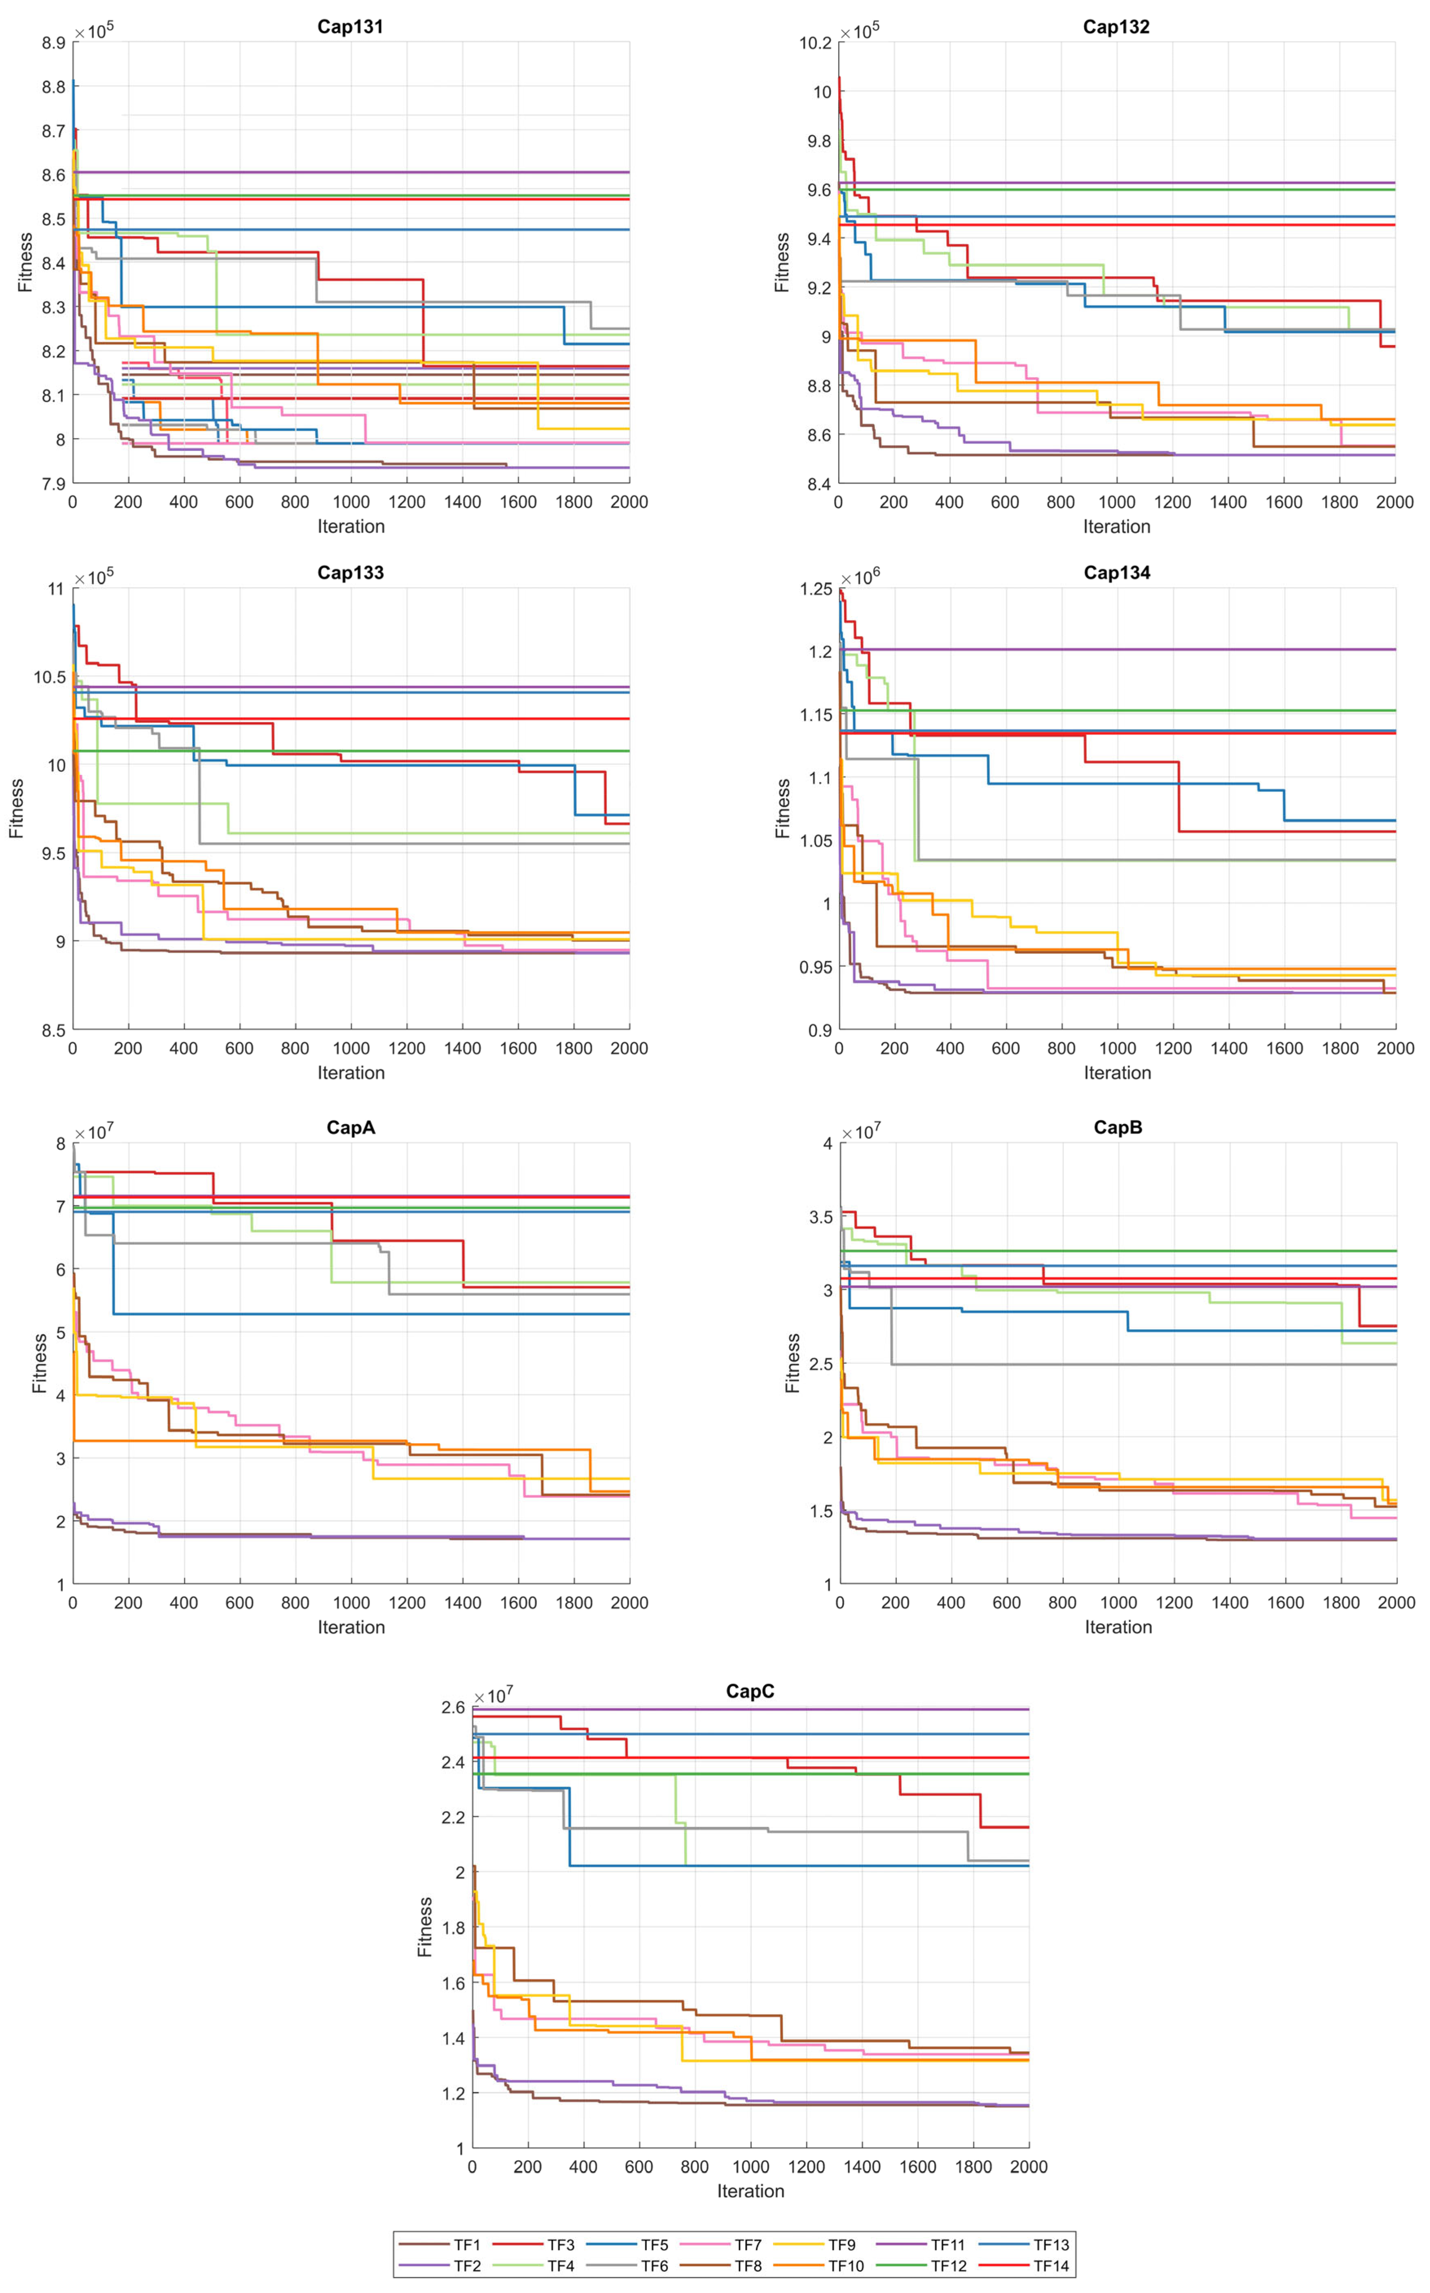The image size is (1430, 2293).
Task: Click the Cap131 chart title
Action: click(350, 26)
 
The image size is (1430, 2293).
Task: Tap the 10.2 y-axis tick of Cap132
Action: click(815, 43)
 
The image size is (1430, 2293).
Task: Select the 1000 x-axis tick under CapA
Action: click(351, 1603)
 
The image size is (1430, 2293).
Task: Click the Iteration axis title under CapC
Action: click(750, 2191)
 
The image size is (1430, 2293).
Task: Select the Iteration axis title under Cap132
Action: click(1117, 527)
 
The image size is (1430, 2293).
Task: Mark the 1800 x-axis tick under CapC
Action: click(973, 2166)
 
